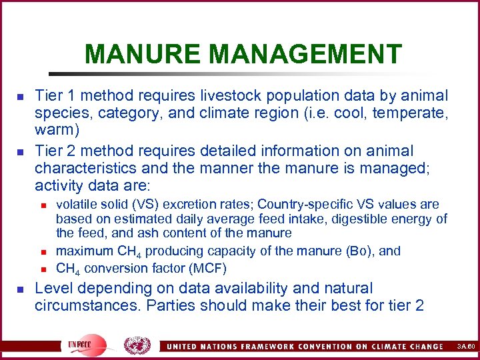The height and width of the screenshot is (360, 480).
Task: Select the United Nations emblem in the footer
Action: (x=137, y=345)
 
